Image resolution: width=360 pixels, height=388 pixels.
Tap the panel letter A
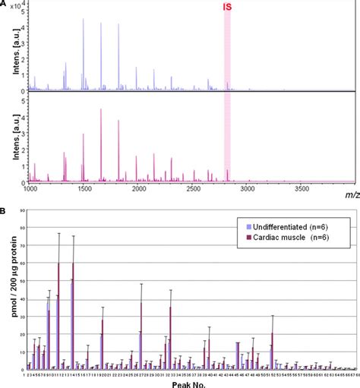click(x=5, y=5)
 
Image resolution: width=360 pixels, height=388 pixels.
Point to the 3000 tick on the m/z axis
click(x=248, y=188)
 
